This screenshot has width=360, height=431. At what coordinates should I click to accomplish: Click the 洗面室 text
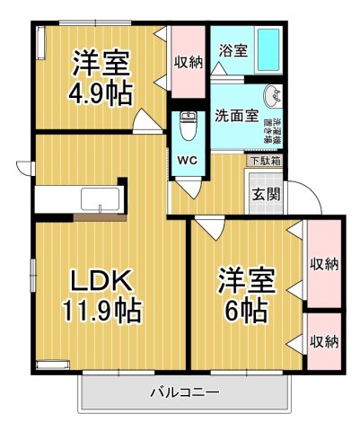(x=237, y=116)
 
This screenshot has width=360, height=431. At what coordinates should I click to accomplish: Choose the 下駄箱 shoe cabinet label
(x=264, y=162)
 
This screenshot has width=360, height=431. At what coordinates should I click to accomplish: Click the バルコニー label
(x=185, y=392)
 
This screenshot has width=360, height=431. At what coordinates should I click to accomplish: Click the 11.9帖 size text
(x=100, y=312)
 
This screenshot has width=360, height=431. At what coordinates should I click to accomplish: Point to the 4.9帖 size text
(x=101, y=93)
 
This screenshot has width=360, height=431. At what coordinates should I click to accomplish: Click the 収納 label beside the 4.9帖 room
(x=189, y=63)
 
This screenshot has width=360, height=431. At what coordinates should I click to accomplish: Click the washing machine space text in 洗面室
(x=277, y=131)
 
